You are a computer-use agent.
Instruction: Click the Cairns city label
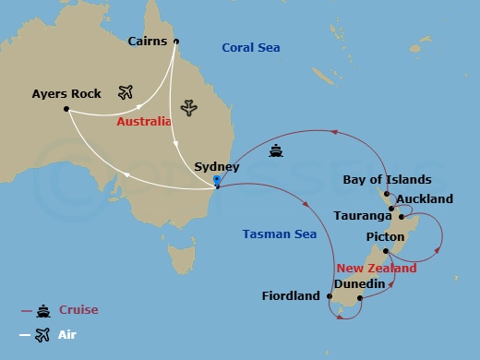pyautogui.click(x=148, y=42)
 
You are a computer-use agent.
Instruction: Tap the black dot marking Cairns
pyautogui.click(x=176, y=41)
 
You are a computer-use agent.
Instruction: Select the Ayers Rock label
pyautogui.click(x=66, y=94)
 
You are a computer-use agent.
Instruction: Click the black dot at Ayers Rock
pyautogui.click(x=66, y=109)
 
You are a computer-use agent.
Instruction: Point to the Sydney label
pyautogui.click(x=217, y=167)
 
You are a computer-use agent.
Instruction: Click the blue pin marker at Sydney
pyautogui.click(x=216, y=181)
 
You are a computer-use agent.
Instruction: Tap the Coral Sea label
pyautogui.click(x=251, y=48)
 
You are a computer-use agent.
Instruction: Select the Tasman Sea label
pyautogui.click(x=279, y=234)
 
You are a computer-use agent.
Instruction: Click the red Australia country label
pyautogui.click(x=143, y=122)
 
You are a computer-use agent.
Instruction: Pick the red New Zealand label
pyautogui.click(x=377, y=268)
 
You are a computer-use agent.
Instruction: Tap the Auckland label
pyautogui.click(x=424, y=198)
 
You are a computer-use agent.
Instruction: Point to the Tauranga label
pyautogui.click(x=363, y=216)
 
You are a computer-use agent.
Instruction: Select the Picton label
pyautogui.click(x=385, y=237)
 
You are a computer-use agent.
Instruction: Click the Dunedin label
pyautogui.click(x=359, y=284)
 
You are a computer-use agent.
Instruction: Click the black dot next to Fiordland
pyautogui.click(x=329, y=296)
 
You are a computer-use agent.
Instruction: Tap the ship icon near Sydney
pyautogui.click(x=275, y=150)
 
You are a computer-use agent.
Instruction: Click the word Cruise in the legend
pyautogui.click(x=78, y=310)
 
